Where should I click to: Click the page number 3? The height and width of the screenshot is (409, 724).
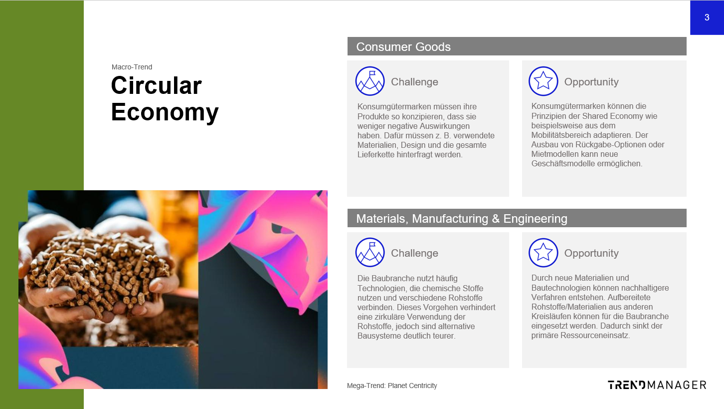pos(707,17)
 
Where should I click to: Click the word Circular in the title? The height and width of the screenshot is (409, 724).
pos(157,85)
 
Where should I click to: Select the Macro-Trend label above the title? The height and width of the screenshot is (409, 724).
pos(132,67)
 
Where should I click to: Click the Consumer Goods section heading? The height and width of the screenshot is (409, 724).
pos(403,47)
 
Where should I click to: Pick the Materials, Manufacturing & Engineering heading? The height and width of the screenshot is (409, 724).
pos(462,219)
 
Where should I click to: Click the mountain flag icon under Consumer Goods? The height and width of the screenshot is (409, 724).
pos(370,81)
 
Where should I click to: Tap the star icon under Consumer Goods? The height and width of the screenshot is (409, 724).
pos(543,81)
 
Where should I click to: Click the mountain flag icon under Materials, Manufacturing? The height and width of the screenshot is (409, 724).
pos(370,252)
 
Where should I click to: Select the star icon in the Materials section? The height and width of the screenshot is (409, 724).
pos(543,253)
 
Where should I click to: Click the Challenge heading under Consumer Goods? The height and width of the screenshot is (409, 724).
pos(415,82)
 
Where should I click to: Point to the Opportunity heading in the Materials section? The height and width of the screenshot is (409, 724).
pos(591,253)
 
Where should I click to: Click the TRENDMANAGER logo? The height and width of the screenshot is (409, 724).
pos(657,385)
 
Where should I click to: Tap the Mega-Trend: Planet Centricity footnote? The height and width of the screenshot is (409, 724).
pos(392,386)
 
